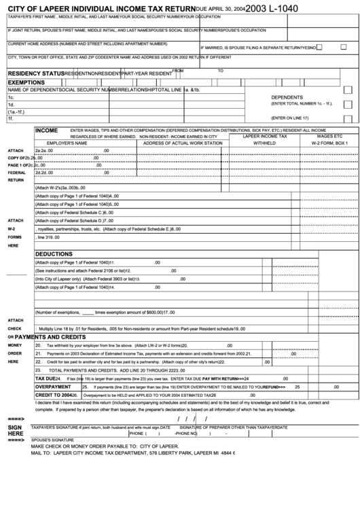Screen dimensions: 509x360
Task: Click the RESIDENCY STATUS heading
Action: [x=36, y=72]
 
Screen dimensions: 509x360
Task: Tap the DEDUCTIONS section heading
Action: [x=54, y=253]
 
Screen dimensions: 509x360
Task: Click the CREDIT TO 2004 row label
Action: [x=55, y=394]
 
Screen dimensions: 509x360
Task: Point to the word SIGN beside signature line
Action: [x=14, y=427]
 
